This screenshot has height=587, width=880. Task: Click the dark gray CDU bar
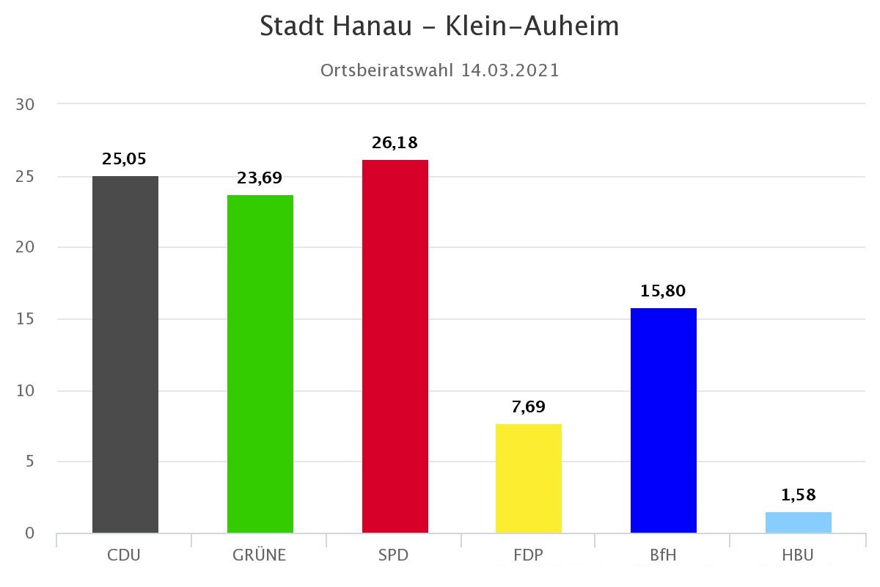[125, 354]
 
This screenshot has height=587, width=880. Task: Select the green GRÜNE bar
[260, 364]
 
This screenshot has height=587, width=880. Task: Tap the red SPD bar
[395, 346]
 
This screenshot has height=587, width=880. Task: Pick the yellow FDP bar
[529, 478]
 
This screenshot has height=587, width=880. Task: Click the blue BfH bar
[664, 420]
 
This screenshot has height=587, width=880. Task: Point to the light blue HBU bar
[799, 522]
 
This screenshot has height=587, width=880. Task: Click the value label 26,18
[395, 142]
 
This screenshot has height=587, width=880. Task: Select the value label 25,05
[125, 158]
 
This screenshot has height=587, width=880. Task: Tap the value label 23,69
[260, 178]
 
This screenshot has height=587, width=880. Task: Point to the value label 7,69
[529, 406]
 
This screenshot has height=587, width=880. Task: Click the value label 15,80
[663, 291]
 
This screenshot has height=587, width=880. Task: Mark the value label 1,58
[799, 495]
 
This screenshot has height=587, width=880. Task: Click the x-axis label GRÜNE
[260, 555]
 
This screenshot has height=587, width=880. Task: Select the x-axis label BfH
[663, 555]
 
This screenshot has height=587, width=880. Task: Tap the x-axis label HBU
[798, 555]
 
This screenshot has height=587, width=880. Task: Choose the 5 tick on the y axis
[29, 462]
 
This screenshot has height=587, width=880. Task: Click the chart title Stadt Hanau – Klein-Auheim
[440, 26]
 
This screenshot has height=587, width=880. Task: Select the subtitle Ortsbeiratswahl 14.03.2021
[440, 70]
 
